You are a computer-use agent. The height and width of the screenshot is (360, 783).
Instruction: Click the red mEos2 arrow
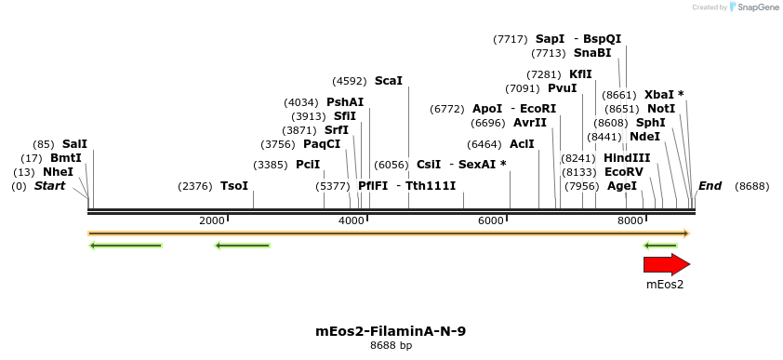click(667, 264)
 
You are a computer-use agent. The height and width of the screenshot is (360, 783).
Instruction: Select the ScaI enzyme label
click(389, 81)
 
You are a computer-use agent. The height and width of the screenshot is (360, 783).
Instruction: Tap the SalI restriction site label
click(74, 144)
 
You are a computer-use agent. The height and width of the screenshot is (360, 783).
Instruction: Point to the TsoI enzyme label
click(234, 186)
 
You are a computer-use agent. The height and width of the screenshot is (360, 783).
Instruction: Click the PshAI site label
click(345, 102)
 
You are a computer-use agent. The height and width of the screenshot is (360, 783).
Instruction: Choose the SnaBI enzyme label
click(592, 53)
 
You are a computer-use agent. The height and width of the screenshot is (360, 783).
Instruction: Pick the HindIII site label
click(627, 158)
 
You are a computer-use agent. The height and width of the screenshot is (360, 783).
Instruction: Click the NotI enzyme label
click(661, 109)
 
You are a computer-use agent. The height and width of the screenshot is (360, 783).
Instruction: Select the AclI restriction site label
click(522, 144)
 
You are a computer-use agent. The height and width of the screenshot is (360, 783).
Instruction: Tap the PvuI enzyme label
click(563, 88)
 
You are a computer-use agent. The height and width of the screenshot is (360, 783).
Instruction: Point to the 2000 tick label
click(212, 220)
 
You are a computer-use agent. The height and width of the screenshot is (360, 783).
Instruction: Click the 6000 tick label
click(491, 220)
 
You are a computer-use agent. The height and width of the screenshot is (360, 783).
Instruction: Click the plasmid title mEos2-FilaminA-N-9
click(391, 330)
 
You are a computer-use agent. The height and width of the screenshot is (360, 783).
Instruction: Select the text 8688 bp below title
click(391, 345)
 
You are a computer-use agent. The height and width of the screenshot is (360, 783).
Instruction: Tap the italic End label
click(710, 186)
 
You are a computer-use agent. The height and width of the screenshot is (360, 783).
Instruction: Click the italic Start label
click(50, 186)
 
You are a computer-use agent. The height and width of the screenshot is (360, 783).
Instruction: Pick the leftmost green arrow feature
click(126, 246)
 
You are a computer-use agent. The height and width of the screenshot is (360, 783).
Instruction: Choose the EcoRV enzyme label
click(623, 172)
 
